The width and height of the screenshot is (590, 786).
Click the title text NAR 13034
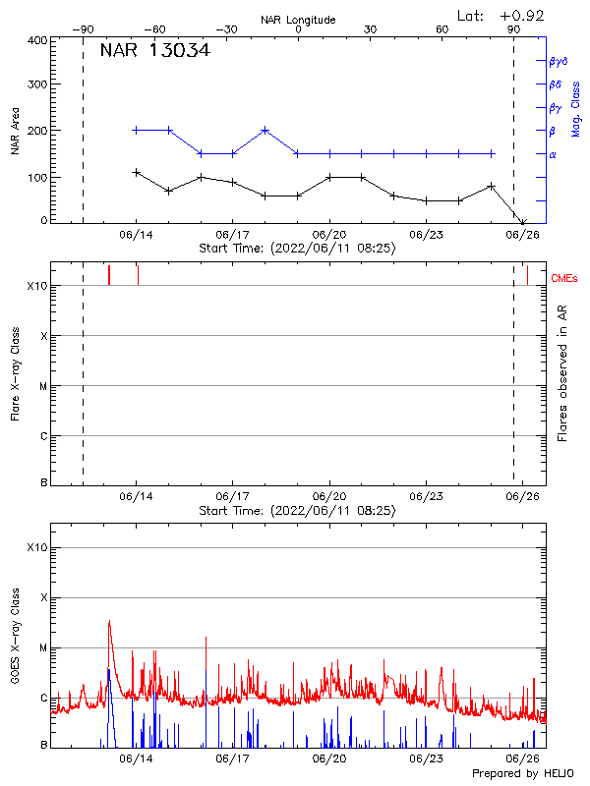[154, 51]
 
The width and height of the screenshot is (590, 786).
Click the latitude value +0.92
[522, 15]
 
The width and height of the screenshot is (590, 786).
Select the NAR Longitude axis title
[298, 20]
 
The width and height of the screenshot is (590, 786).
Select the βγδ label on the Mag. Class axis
[559, 61]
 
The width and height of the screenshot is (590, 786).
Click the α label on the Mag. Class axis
[553, 154]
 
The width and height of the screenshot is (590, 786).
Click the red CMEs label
[564, 279]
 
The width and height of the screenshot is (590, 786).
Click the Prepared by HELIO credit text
[522, 773]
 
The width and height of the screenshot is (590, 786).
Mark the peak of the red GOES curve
[109, 621]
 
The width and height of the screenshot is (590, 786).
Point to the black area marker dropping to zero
[523, 222]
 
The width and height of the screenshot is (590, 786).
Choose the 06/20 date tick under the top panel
[329, 236]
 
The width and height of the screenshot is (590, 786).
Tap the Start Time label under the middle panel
[297, 511]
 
